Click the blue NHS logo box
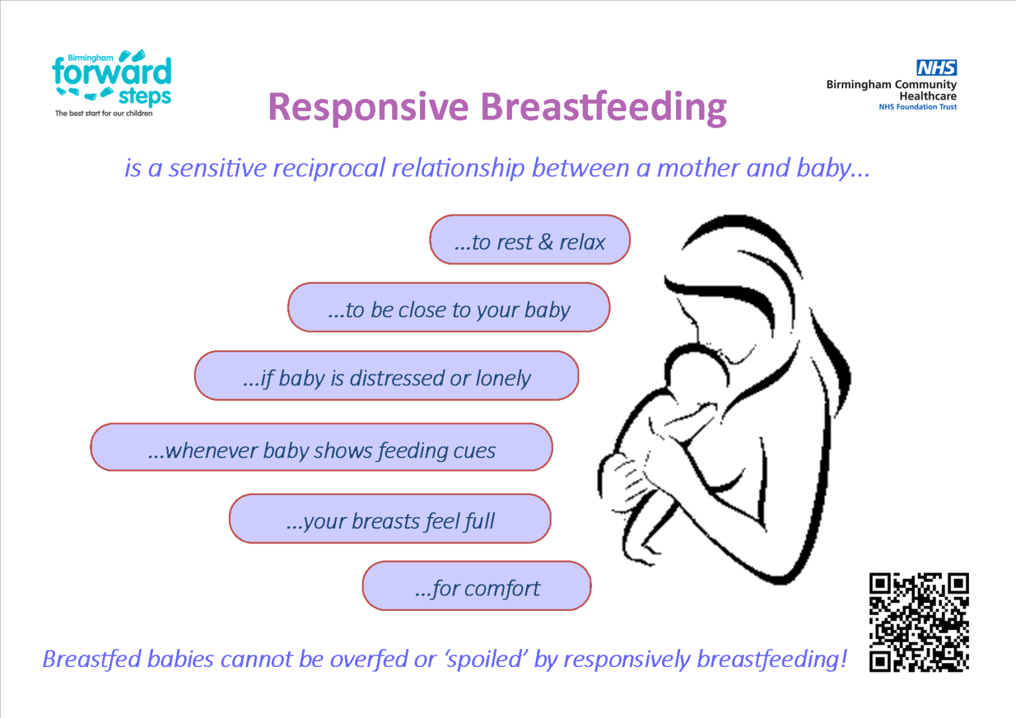tap(936, 67)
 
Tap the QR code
tap(919, 622)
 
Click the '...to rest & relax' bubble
tap(529, 240)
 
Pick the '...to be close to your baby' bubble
tap(448, 308)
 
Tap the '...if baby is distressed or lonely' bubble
tap(386, 376)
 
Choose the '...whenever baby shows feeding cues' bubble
tap(321, 448)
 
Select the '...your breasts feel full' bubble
tap(390, 519)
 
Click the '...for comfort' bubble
tap(476, 586)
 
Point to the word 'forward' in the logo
tap(112, 72)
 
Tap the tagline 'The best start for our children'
tap(104, 114)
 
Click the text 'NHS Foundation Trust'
tap(917, 107)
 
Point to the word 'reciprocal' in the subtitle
tap(329, 168)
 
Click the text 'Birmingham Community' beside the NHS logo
tap(891, 85)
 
